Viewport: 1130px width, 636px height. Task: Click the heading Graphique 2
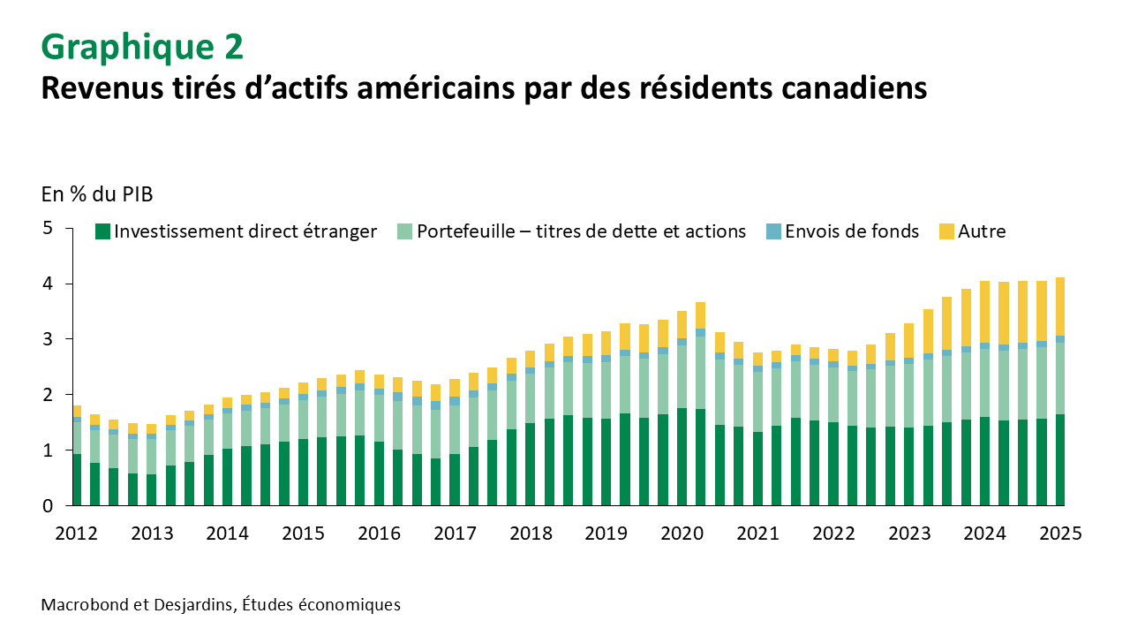point(142,46)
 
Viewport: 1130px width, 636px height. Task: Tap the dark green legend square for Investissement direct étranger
point(102,231)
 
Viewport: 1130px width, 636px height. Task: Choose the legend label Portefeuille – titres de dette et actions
point(582,231)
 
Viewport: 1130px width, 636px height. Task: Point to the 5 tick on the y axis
point(48,229)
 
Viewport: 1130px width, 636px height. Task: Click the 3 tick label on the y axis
point(48,339)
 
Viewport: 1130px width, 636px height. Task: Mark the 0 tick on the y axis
point(48,505)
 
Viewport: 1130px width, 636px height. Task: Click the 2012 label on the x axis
point(78,534)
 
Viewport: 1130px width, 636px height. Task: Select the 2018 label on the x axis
point(531,534)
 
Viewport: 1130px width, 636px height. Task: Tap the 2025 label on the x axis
point(1059,534)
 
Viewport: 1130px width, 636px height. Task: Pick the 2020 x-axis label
point(682,534)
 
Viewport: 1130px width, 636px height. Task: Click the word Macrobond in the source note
point(81,605)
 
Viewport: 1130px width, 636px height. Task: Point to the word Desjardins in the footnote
point(186,605)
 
